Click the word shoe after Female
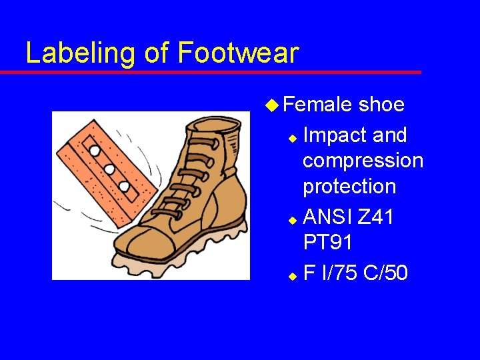[x=381, y=105]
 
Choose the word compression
[x=363, y=161]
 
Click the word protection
[x=349, y=187]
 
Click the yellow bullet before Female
[x=270, y=105]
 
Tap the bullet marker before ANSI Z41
[x=291, y=219]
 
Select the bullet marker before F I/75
[x=291, y=275]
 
